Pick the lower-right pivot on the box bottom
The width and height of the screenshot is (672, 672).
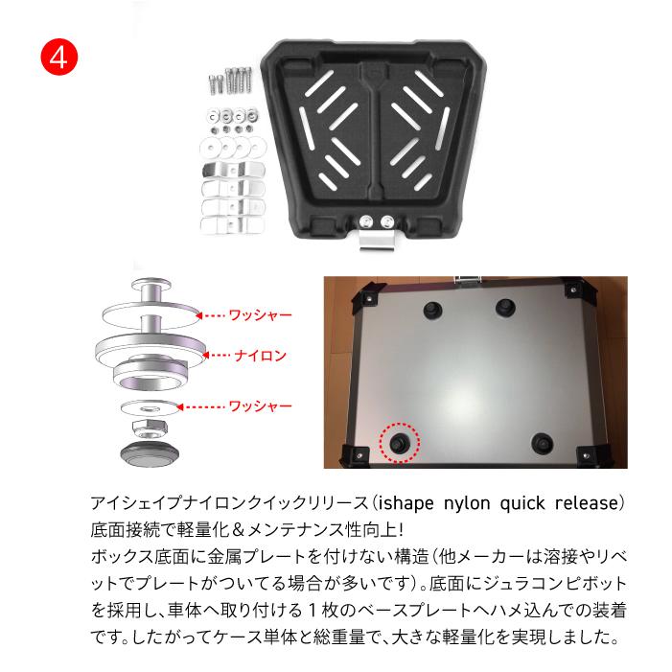coord(542,443)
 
